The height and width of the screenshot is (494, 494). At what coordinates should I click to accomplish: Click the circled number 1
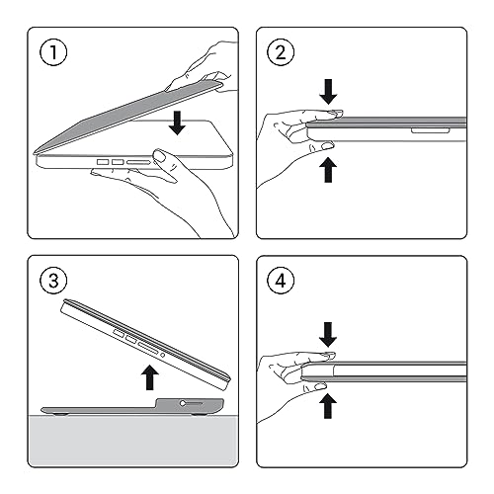tap(53, 52)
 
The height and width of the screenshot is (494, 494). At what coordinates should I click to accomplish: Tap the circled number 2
tap(281, 52)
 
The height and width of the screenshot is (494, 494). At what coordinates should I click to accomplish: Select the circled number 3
tap(53, 281)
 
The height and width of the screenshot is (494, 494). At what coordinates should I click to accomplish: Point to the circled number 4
tap(281, 281)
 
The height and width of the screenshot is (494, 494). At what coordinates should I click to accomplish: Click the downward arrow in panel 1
tap(177, 123)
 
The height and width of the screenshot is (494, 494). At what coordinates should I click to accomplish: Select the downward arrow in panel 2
tap(328, 92)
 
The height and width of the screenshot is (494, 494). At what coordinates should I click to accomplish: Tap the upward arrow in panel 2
tap(328, 170)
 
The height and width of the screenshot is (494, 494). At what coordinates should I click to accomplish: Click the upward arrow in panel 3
tap(150, 377)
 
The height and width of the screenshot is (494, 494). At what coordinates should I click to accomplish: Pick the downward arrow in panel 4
tap(328, 335)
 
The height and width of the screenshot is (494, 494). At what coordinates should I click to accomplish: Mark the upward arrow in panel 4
tap(328, 406)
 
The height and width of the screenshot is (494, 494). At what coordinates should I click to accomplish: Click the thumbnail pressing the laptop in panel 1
tap(160, 156)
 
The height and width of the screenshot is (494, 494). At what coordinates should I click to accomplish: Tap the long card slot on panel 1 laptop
tap(138, 162)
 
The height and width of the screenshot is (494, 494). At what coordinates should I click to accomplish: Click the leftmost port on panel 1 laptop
tap(103, 162)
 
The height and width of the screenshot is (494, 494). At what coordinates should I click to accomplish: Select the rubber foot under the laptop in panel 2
tap(430, 131)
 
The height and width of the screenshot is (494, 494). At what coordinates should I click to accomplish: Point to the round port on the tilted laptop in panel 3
tap(162, 355)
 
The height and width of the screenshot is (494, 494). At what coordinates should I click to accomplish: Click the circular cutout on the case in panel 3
tap(183, 403)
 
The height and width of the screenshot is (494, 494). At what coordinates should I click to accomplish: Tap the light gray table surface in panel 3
tap(132, 441)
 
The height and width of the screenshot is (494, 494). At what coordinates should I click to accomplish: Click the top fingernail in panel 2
tap(337, 113)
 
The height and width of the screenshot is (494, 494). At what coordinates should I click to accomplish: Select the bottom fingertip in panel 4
tap(319, 386)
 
